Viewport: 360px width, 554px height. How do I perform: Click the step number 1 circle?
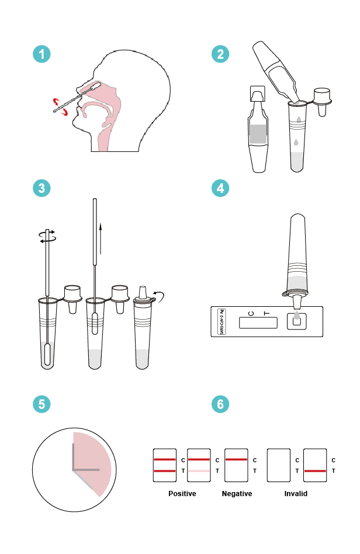pyautogui.click(x=41, y=54)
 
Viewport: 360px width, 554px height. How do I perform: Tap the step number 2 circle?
pyautogui.click(x=220, y=54)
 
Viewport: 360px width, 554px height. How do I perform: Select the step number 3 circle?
pyautogui.click(x=41, y=188)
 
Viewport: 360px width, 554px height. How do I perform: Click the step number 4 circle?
pyautogui.click(x=220, y=188)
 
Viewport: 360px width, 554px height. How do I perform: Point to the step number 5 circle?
pyautogui.click(x=41, y=404)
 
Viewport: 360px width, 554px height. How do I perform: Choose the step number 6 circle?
pyautogui.click(x=220, y=404)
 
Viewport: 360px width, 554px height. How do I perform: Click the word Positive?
pyautogui.click(x=182, y=494)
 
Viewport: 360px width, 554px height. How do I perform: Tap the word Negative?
pyautogui.click(x=237, y=494)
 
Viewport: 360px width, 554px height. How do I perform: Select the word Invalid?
pyautogui.click(x=296, y=494)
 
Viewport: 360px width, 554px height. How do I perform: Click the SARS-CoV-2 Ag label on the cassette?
pyautogui.click(x=221, y=321)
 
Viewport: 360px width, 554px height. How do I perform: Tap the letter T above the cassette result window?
pyautogui.click(x=267, y=313)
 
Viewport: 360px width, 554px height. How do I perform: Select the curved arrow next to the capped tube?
pyautogui.click(x=158, y=297)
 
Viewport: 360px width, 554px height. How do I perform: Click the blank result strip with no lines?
pyautogui.click(x=279, y=465)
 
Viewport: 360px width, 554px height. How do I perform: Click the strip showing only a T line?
pyautogui.click(x=316, y=465)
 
